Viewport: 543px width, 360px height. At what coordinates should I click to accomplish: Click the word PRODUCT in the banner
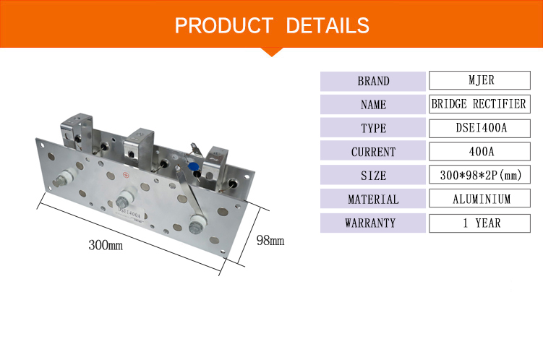pyautogui.click(x=224, y=25)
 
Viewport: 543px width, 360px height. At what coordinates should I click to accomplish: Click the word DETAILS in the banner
pyautogui.click(x=328, y=25)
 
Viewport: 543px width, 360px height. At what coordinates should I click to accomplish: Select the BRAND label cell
pyautogui.click(x=373, y=82)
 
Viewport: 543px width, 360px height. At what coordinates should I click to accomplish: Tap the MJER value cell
pyautogui.click(x=479, y=80)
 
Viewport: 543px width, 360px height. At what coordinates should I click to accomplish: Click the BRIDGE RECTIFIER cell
pyautogui.click(x=479, y=104)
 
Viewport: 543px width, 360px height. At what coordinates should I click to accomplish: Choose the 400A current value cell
pyautogui.click(x=479, y=152)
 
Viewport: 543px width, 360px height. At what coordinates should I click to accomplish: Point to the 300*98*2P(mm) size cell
pyautogui.click(x=479, y=175)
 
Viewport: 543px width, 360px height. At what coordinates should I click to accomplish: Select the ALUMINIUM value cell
pyautogui.click(x=479, y=198)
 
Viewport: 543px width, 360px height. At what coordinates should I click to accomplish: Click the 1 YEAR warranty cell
pyautogui.click(x=479, y=223)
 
